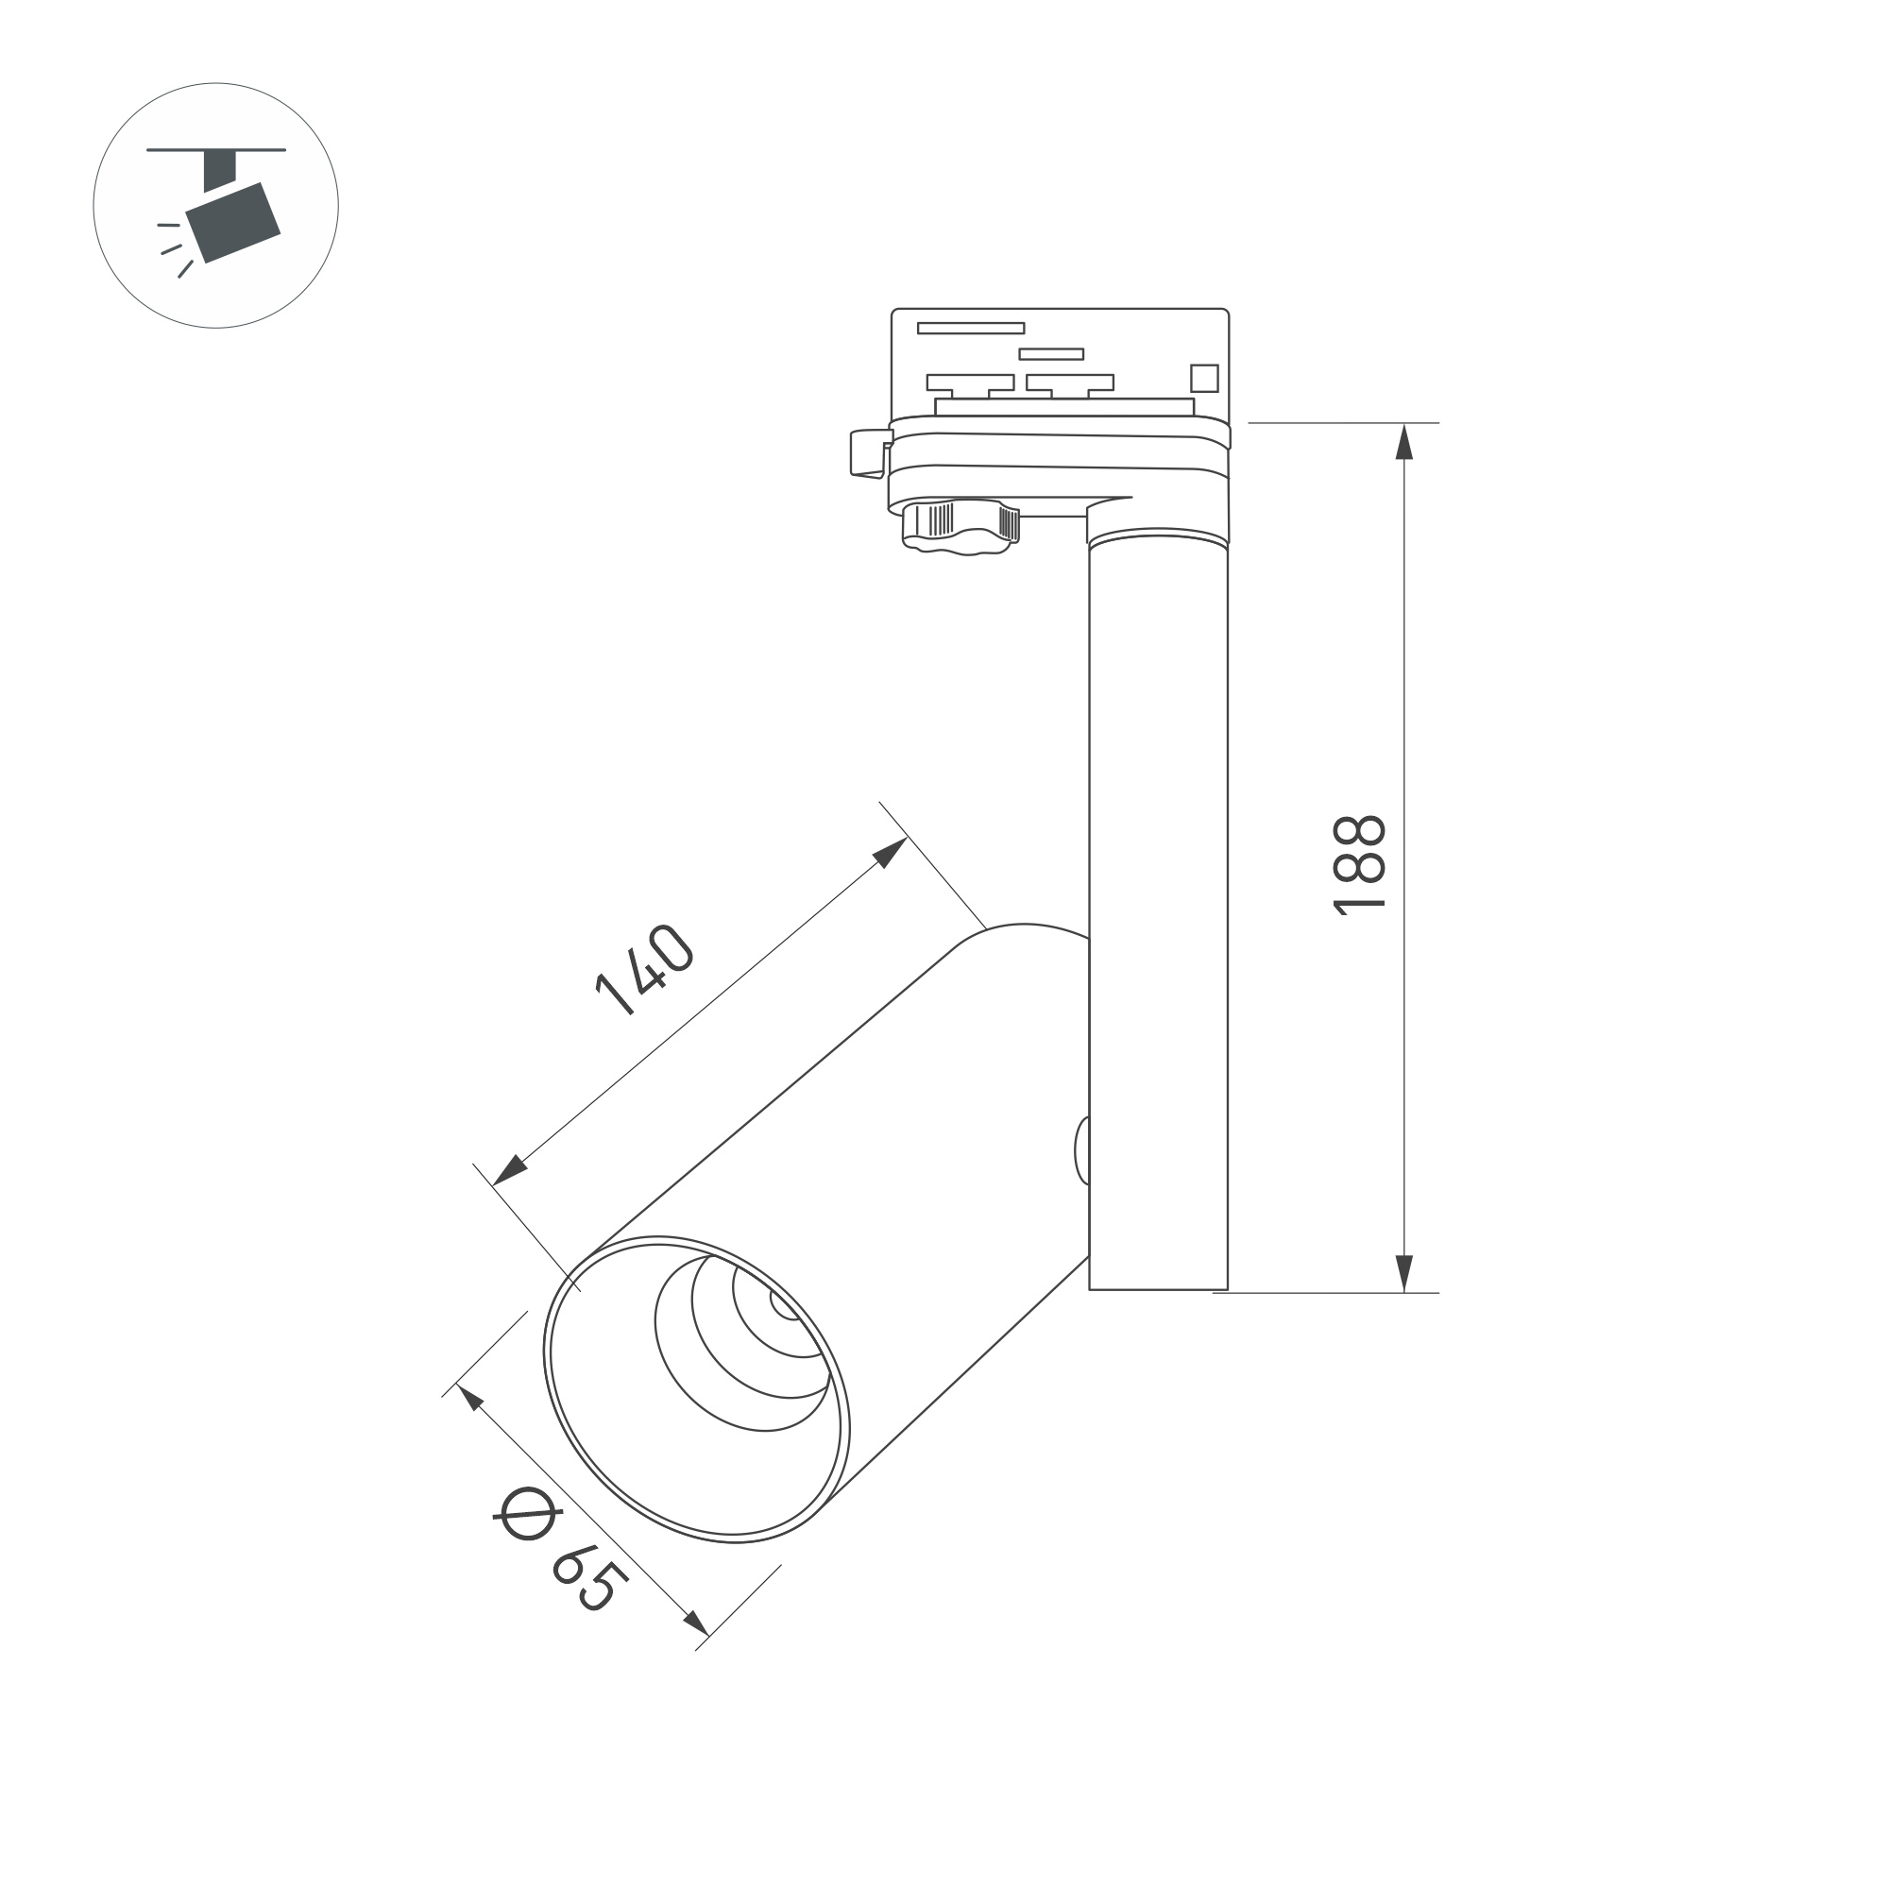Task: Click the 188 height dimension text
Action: [1359, 865]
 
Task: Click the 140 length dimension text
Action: [644, 969]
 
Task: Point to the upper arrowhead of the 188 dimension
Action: [1403, 441]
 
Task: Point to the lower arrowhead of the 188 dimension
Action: [1403, 1273]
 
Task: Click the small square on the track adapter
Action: [1204, 378]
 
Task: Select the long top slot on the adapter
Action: [970, 328]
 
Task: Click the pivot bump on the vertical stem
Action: [1082, 1150]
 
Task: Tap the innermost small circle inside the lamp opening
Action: [783, 1306]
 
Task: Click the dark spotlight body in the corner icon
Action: [233, 223]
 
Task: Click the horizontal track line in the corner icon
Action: [216, 150]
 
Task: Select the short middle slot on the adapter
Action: [1051, 353]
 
